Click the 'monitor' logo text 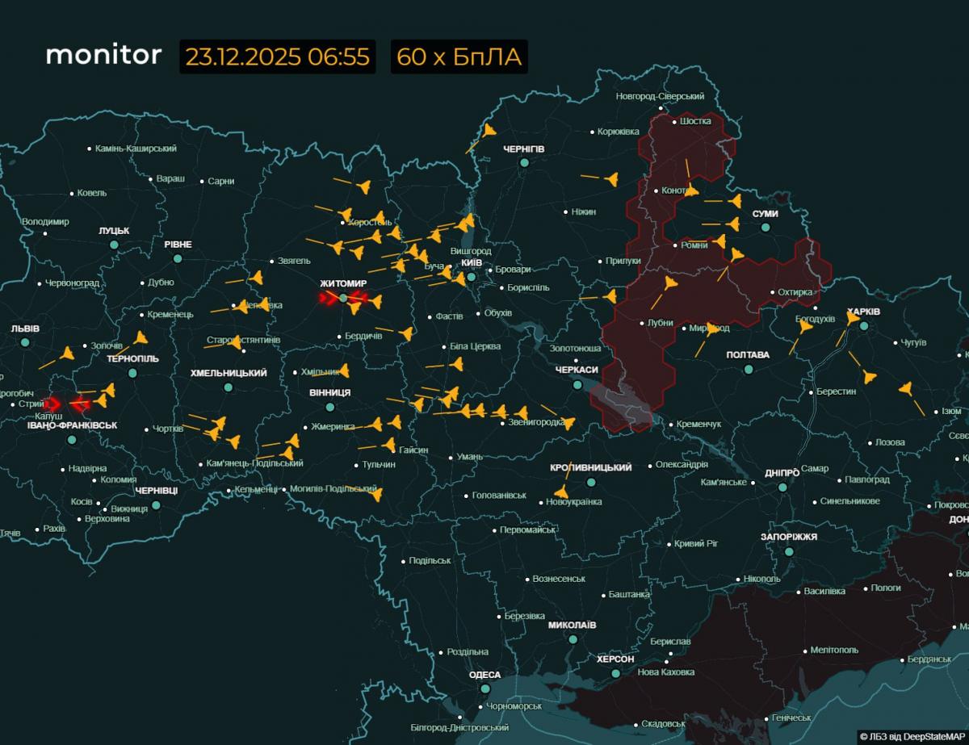[103, 56]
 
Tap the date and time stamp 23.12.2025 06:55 [277, 57]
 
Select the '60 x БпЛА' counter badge [459, 57]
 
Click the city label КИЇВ [471, 263]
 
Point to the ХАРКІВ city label [863, 312]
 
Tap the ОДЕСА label [484, 675]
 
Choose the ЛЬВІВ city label [25, 329]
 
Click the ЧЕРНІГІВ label [523, 149]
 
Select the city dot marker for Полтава [749, 369]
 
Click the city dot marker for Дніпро [782, 488]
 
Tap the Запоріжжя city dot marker [789, 551]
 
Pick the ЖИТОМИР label [343, 284]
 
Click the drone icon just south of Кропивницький [561, 492]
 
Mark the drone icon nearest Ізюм [906, 389]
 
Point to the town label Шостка [695, 121]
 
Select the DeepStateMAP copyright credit [912, 736]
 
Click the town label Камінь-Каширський [136, 149]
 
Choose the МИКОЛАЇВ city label [572, 626]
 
